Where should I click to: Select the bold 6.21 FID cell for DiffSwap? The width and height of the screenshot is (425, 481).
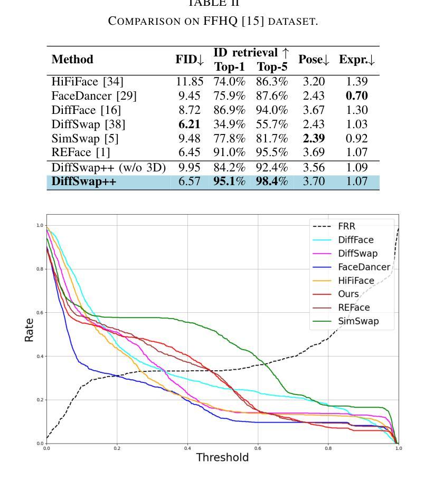tap(190, 124)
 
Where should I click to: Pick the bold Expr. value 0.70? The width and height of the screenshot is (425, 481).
tap(357, 96)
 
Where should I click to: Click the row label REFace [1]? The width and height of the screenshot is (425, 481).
tap(81, 153)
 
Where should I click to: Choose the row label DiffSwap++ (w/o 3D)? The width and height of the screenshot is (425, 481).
tap(108, 168)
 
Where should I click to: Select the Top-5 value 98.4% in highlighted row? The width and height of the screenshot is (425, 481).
tap(272, 182)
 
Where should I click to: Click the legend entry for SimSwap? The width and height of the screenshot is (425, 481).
tap(358, 321)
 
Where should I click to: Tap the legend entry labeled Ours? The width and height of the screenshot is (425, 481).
tap(348, 294)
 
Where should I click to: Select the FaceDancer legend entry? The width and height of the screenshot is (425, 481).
tap(364, 267)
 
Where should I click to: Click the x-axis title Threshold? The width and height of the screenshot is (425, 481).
tap(222, 457)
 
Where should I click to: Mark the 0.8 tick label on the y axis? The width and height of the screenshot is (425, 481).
tap(40, 269)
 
